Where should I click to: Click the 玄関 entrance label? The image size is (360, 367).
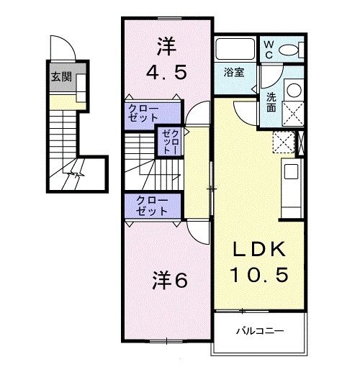[x=59, y=78]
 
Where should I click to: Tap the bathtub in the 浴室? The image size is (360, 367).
[x=234, y=51]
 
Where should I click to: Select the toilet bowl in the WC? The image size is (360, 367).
[x=291, y=50]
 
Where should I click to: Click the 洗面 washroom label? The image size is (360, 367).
[x=270, y=102]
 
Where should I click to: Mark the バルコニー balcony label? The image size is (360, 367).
[x=260, y=332]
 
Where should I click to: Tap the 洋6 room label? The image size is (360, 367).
[x=169, y=280]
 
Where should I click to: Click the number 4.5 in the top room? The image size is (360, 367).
[x=168, y=73]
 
